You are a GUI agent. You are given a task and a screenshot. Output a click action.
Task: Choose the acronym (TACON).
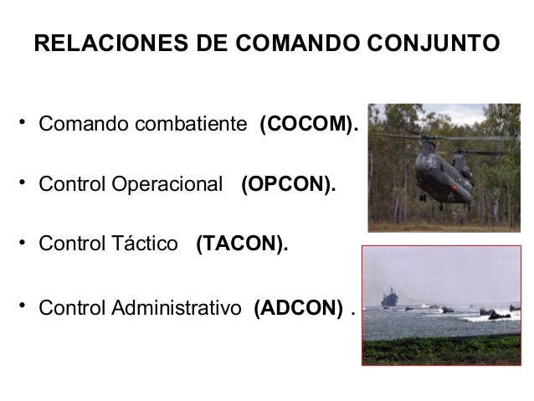tap(242, 244)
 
